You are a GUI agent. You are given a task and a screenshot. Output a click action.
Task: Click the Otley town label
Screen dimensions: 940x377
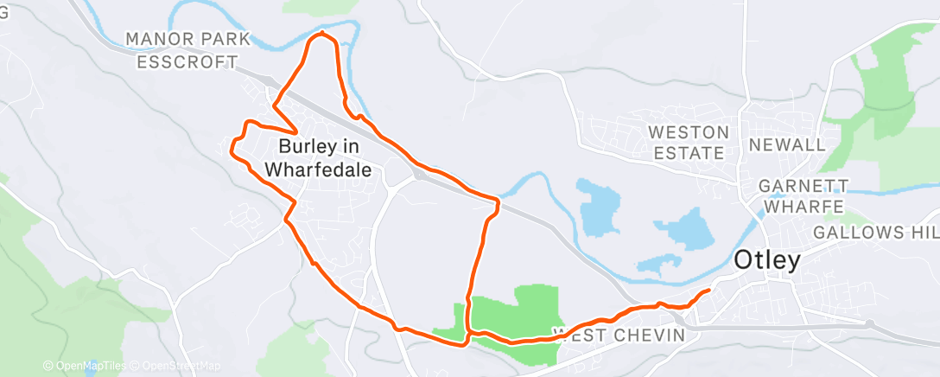pos(767,260)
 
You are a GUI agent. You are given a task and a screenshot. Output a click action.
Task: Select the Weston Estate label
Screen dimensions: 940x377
pos(689,143)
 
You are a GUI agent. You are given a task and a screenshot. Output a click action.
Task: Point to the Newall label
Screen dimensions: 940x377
pos(787,144)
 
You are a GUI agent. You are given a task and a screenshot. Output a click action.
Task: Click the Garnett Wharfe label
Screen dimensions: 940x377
pos(803,196)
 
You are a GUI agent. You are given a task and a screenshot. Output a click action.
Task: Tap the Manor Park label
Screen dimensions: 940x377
pos(187,39)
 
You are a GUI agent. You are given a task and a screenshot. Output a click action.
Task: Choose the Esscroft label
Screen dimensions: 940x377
pos(187,61)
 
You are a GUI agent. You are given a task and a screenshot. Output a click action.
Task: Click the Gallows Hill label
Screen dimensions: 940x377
pos(875,233)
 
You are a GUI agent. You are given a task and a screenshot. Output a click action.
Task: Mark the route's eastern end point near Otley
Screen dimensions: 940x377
pos(709,291)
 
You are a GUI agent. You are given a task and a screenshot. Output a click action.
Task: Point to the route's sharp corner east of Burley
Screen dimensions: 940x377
pos(498,202)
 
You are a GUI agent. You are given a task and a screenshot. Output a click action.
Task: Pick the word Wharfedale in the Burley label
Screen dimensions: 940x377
pos(319,170)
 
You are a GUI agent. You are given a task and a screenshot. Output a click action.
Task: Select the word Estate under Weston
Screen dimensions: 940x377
pos(689,154)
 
